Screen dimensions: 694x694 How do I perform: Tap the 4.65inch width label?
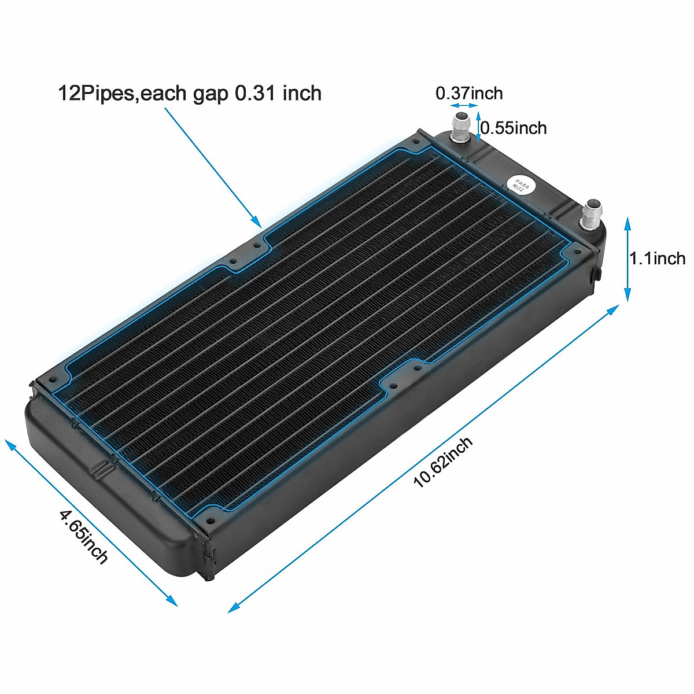click(83, 536)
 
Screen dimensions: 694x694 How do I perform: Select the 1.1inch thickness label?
click(658, 258)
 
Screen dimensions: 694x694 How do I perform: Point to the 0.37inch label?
click(469, 93)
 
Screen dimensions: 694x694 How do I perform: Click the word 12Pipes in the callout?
click(96, 93)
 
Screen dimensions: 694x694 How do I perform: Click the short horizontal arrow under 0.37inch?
click(464, 105)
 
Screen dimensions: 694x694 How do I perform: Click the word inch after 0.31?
click(302, 93)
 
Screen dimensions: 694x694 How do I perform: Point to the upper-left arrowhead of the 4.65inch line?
click(8, 443)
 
